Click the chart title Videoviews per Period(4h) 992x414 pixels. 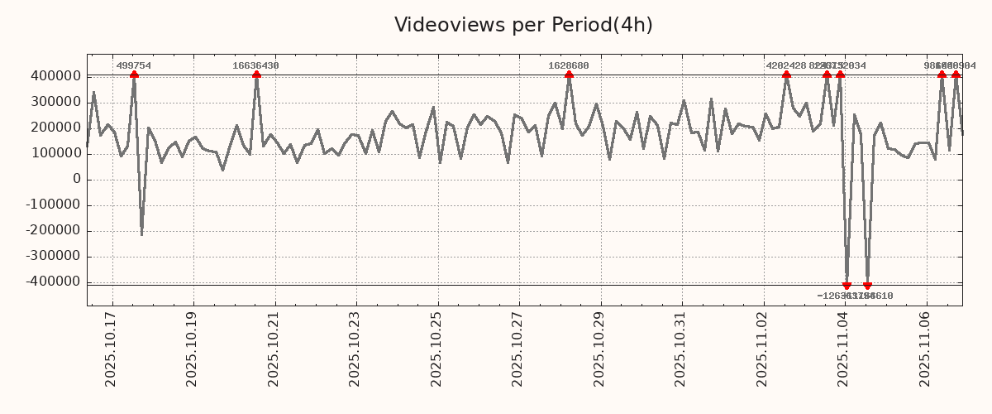tap(523, 25)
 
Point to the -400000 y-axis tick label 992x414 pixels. tap(55, 282)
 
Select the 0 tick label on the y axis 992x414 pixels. tap(76, 179)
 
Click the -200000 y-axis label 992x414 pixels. tap(55, 231)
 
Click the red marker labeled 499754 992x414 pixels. tap(134, 75)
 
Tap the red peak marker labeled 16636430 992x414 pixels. tap(256, 75)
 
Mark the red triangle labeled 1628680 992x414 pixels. tap(569, 75)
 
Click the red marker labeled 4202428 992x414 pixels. tap(786, 75)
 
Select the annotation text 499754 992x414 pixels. tap(134, 65)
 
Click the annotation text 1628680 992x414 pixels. tap(569, 65)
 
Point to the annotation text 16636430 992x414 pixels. tap(256, 65)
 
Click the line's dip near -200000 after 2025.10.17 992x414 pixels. tap(141, 234)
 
